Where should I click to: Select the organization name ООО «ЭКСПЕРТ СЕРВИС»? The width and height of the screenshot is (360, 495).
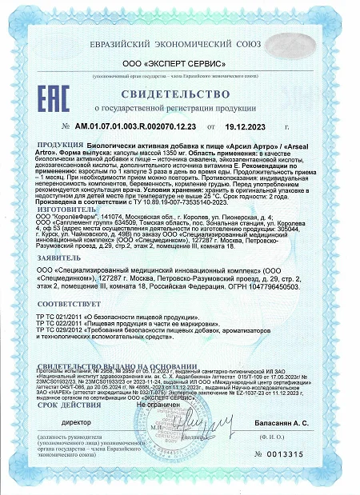tap(180, 62)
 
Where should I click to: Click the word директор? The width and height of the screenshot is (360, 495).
tap(78, 419)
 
